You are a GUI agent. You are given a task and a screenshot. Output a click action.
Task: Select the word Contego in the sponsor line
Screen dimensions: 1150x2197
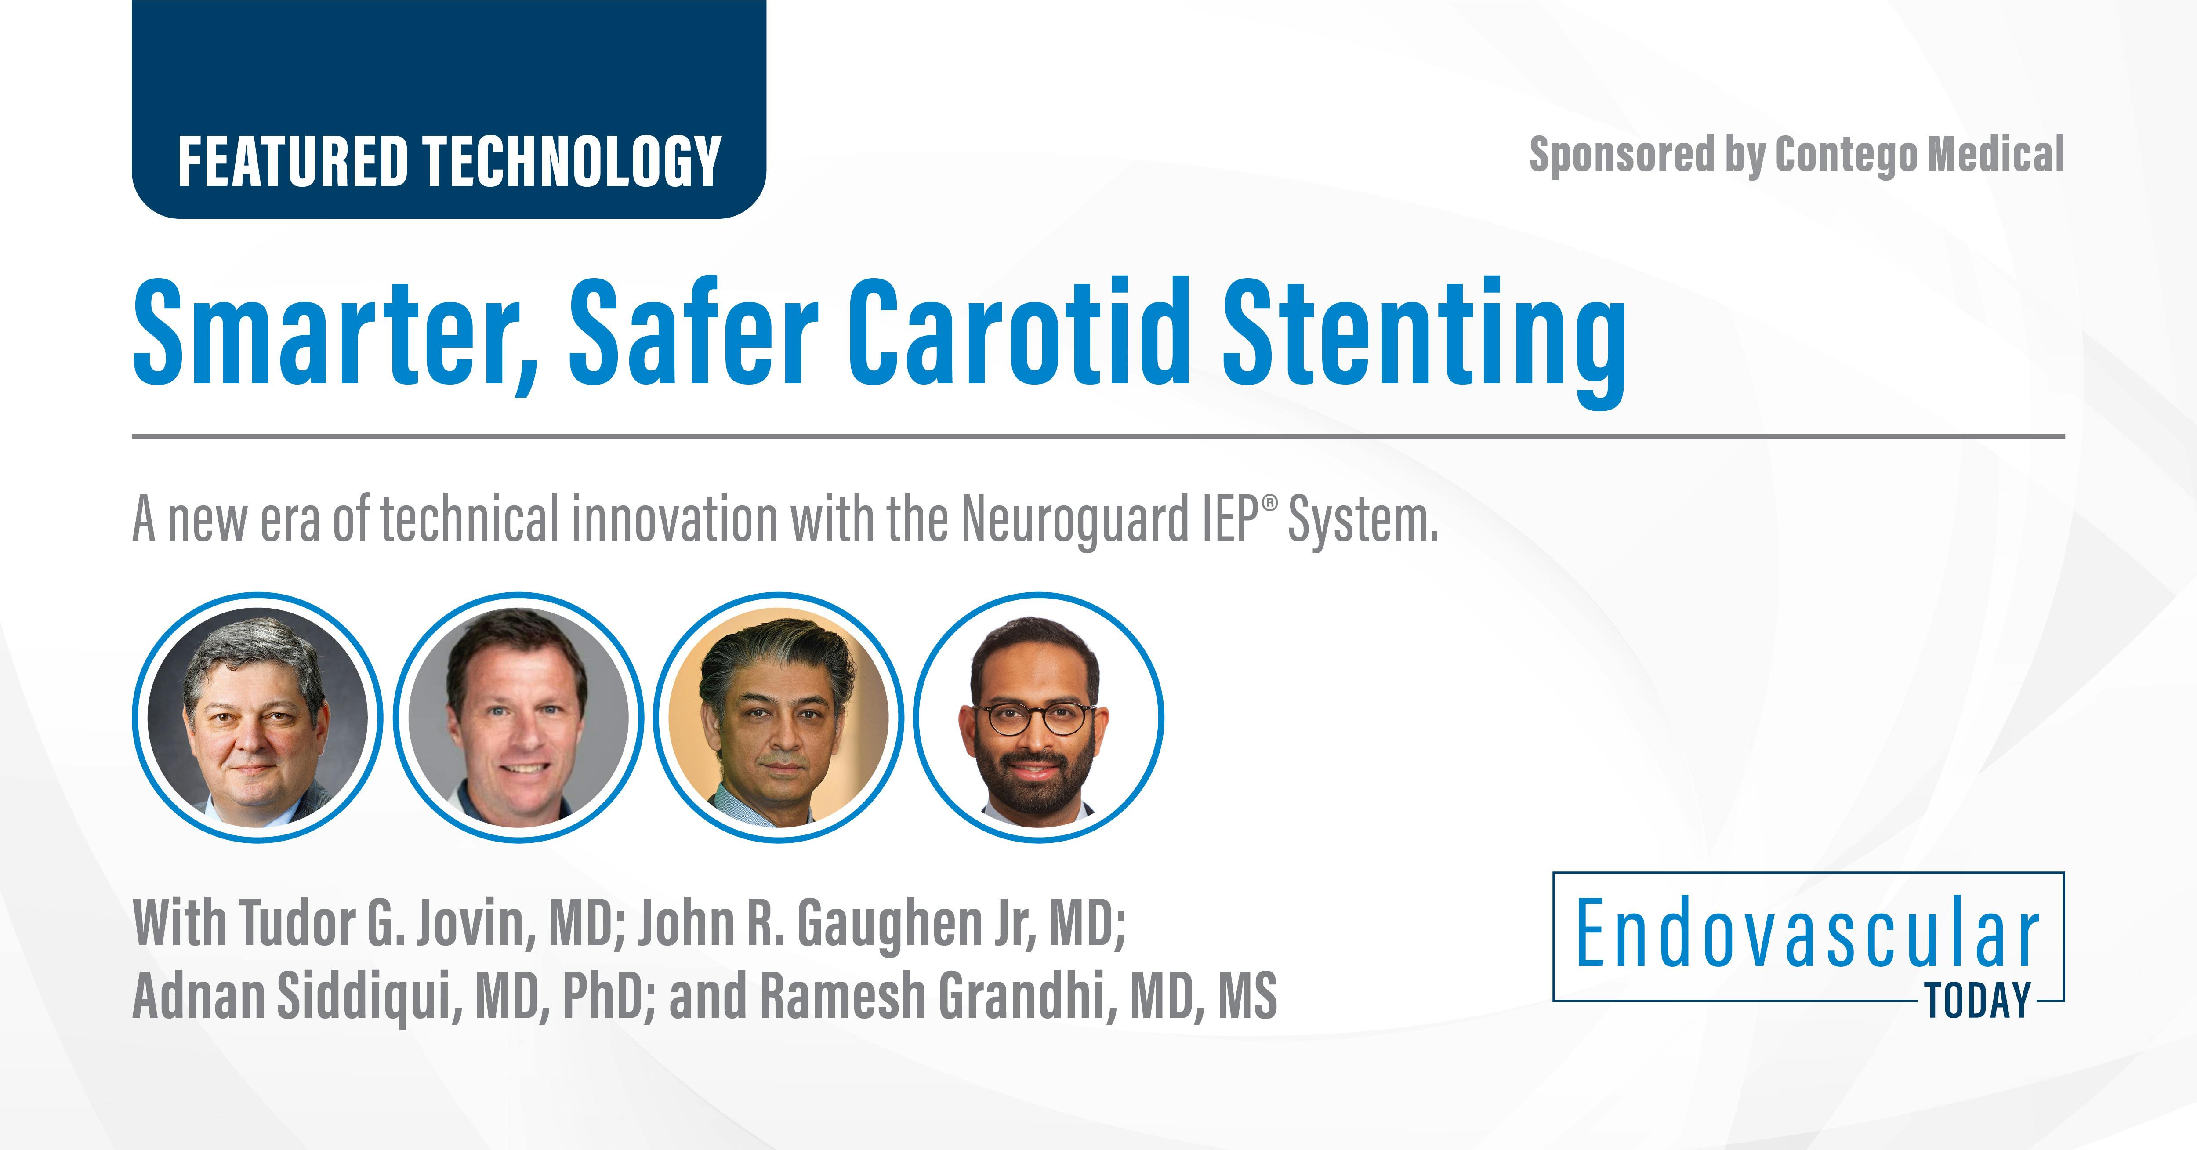[1845, 155]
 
